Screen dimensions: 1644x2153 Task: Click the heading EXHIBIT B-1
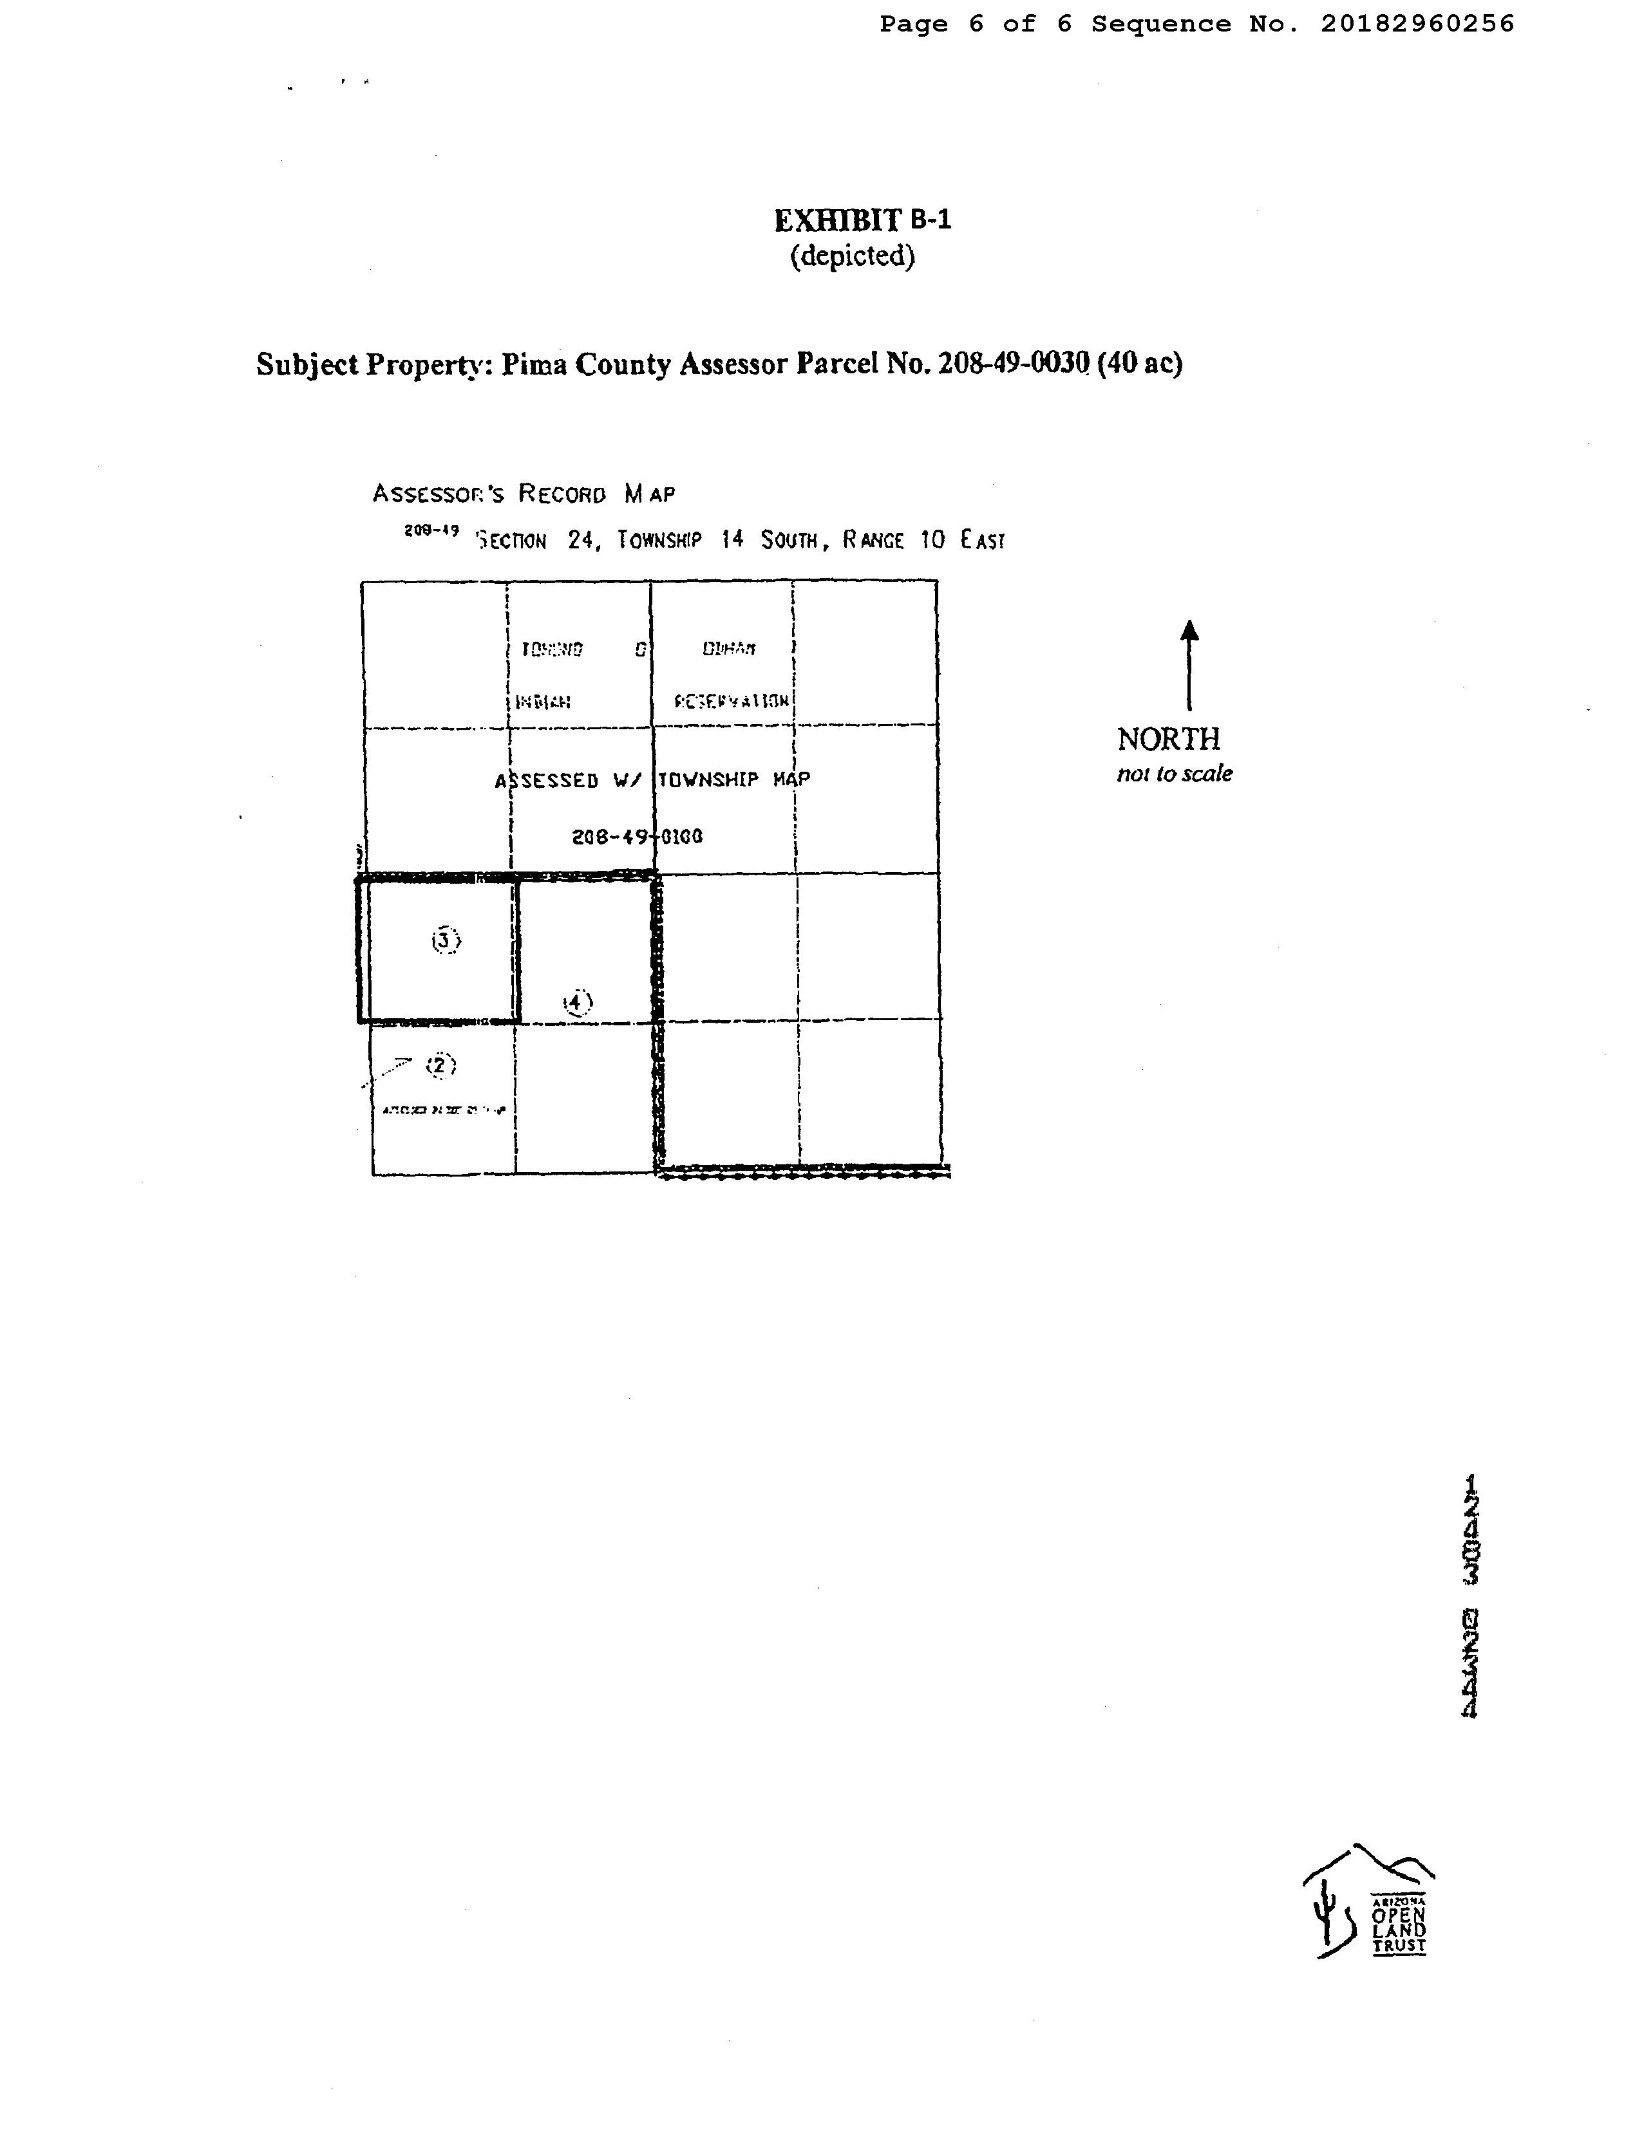[862, 220]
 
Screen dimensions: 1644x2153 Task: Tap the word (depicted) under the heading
[853, 256]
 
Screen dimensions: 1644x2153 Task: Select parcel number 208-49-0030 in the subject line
[1013, 364]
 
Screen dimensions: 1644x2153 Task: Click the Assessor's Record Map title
[524, 493]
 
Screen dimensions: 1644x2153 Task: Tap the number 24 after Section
[580, 540]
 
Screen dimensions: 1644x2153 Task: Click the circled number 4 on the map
[578, 1003]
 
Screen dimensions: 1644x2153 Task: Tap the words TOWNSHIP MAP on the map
[734, 779]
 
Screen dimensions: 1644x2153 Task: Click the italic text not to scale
[1175, 774]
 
